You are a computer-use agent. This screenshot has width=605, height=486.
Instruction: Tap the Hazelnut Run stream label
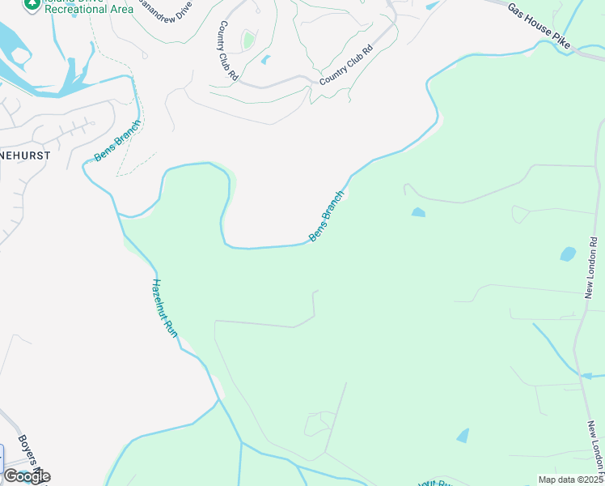pos(164,308)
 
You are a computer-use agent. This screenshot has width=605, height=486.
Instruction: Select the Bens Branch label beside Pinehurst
pos(117,140)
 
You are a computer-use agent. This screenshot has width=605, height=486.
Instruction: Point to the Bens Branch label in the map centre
pos(327,216)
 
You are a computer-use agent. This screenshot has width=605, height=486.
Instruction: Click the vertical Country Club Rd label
pos(227,51)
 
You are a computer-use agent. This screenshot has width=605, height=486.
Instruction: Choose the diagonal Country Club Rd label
pos(345,66)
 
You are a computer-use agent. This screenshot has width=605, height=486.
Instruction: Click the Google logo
pos(26,476)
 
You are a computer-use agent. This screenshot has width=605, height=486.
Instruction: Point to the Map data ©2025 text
pos(570,480)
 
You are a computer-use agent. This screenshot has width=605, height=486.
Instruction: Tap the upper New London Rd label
pos(592,267)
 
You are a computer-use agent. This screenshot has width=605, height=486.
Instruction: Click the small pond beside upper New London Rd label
pos(568,254)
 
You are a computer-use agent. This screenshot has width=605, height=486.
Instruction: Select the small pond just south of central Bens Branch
pos(417,212)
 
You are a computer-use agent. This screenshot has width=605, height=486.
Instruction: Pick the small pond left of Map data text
pos(463,436)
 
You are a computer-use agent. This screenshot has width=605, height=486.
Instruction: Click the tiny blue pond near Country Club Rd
pos(265,59)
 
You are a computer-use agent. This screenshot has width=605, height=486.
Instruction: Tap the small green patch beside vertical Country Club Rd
pos(248,40)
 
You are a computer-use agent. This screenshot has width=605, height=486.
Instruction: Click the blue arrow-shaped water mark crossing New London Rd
pos(588,376)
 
